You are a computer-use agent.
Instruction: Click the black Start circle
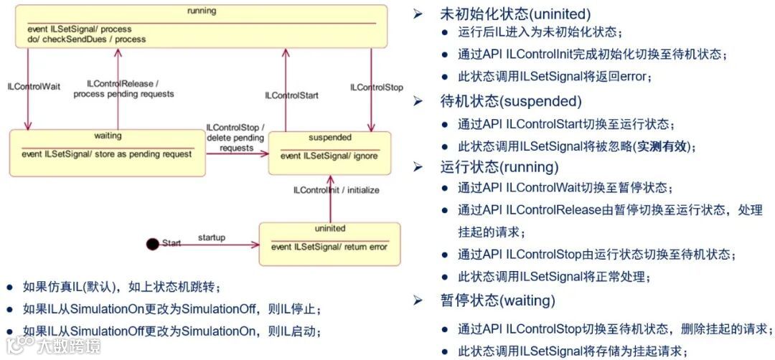pyautogui.click(x=152, y=244)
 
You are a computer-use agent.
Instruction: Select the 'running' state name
pyautogui.click(x=202, y=11)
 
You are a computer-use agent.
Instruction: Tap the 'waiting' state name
pyautogui.click(x=108, y=136)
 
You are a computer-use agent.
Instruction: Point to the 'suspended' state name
pyautogui.click(x=330, y=138)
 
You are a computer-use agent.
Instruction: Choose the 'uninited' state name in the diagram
pyautogui.click(x=330, y=229)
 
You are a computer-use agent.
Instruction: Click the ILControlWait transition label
pyautogui.click(x=34, y=87)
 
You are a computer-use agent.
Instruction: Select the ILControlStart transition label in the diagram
pyautogui.click(x=292, y=95)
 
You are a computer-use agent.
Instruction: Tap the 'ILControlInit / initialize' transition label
pyautogui.click(x=337, y=191)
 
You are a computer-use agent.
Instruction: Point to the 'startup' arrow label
pyautogui.click(x=211, y=237)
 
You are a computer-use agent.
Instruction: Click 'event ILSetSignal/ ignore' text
pyautogui.click(x=329, y=156)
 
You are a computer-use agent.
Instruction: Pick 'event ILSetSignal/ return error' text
pyautogui.click(x=329, y=247)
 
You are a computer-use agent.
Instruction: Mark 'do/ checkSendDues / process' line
pyautogui.click(x=86, y=39)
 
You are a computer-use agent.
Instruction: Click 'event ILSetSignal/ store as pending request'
pyautogui.click(x=107, y=153)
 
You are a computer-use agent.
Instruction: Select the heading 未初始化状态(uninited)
pyautogui.click(x=515, y=14)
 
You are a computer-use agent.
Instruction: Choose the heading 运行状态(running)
pyautogui.click(x=499, y=167)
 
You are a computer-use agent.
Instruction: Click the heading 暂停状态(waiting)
pyautogui.click(x=497, y=300)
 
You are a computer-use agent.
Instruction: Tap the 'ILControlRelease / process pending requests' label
pyautogui.click(x=123, y=89)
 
